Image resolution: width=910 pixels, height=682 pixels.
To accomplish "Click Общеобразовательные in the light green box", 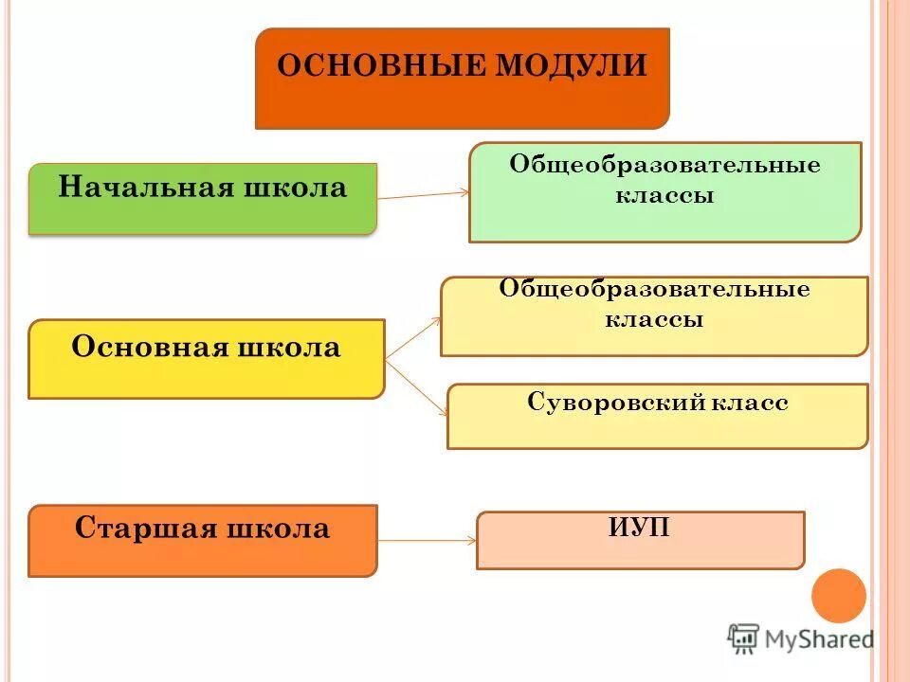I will pyautogui.click(x=664, y=165).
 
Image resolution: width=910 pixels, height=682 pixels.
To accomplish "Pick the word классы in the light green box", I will pyautogui.click(x=664, y=196).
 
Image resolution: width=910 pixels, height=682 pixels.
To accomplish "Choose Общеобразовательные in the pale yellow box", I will pyautogui.click(x=654, y=289).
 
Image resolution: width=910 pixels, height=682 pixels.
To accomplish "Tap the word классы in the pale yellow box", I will pyautogui.click(x=654, y=319).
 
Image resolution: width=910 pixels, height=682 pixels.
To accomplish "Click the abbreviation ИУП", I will pyautogui.click(x=639, y=528).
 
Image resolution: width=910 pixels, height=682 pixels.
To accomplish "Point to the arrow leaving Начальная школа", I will pyautogui.click(x=423, y=194).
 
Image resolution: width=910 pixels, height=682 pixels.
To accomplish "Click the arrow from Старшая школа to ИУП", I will pyautogui.click(x=427, y=541).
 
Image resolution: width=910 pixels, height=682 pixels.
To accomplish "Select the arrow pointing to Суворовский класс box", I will pyautogui.click(x=418, y=388).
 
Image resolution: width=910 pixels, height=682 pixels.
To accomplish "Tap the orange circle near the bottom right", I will pyautogui.click(x=839, y=596).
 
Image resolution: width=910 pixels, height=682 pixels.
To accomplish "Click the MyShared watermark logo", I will pyautogui.click(x=801, y=638).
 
